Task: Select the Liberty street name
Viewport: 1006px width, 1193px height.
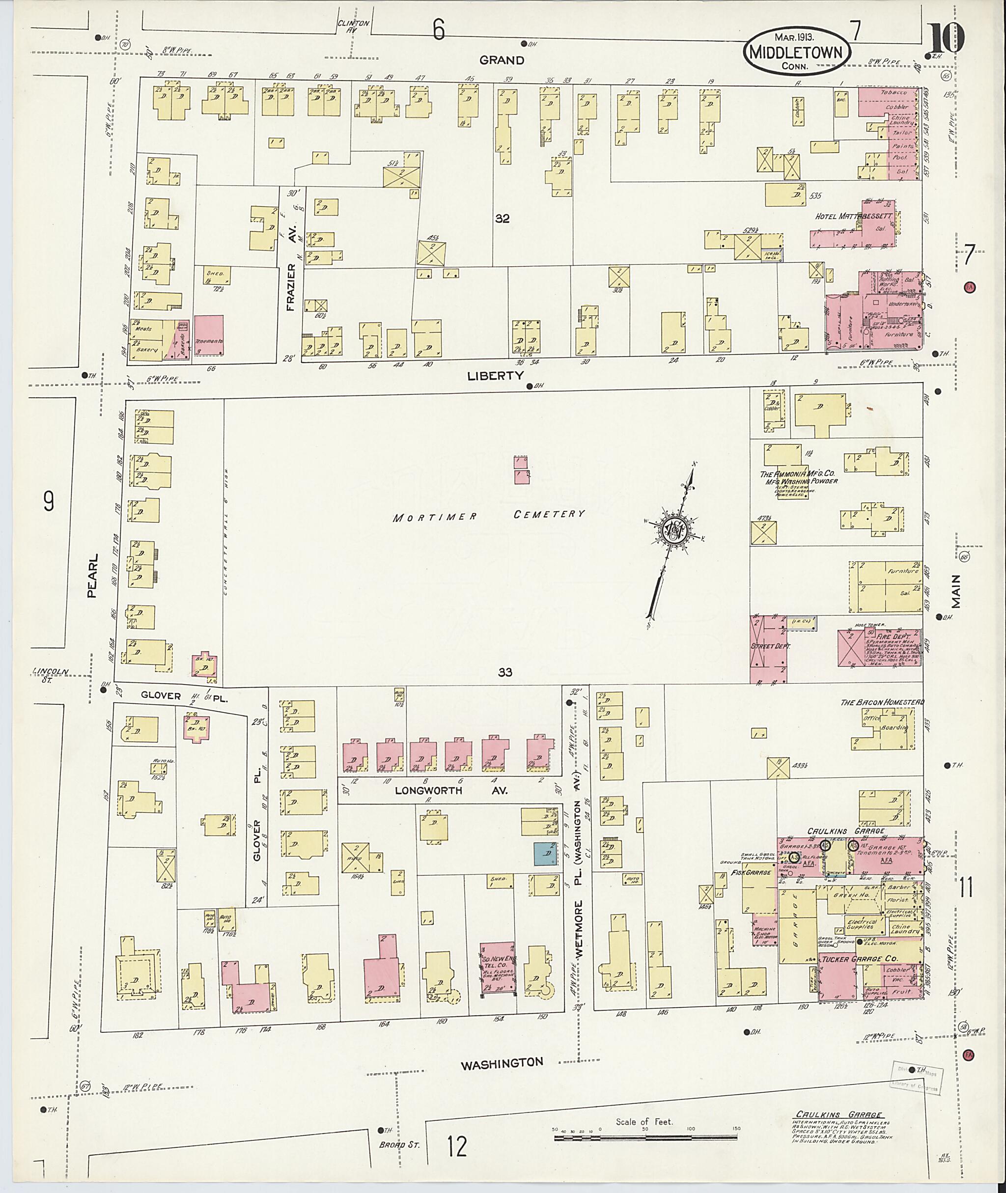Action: point(495,376)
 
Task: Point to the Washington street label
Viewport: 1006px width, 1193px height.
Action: point(502,1063)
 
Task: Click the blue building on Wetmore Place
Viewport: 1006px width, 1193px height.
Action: point(546,855)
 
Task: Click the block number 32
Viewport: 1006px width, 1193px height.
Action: point(502,219)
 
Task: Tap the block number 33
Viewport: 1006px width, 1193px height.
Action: point(504,673)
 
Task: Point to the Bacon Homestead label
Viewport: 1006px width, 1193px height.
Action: point(882,702)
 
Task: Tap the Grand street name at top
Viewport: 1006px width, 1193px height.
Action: point(502,60)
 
